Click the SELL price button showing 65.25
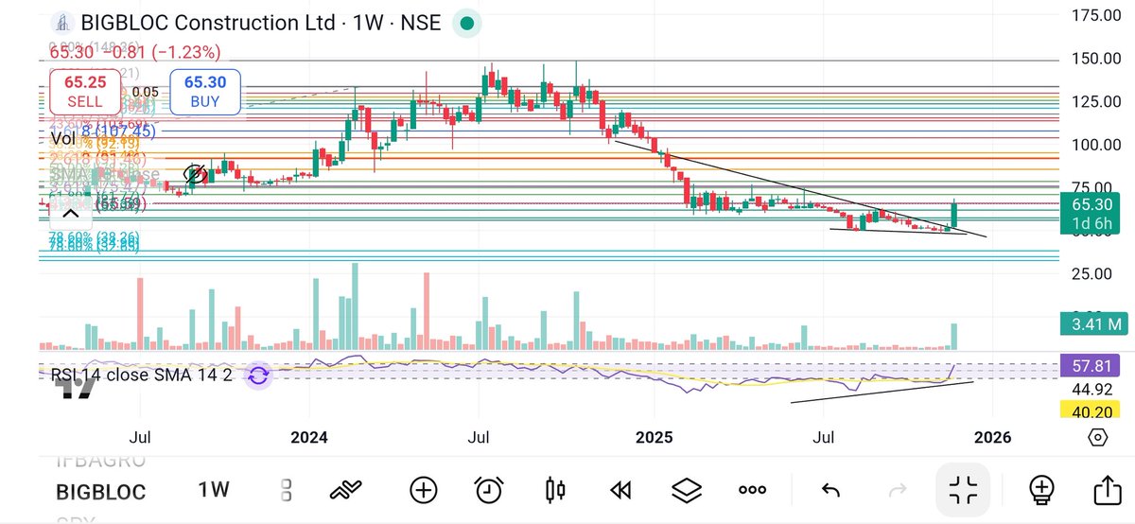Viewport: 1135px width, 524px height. tap(84, 92)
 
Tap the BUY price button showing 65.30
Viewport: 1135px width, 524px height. tap(204, 92)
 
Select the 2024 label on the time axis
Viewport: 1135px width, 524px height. tap(309, 437)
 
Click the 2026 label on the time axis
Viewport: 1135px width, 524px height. tap(993, 437)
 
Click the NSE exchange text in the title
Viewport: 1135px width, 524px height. tap(422, 23)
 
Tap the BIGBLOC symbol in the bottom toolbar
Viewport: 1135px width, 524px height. tap(100, 492)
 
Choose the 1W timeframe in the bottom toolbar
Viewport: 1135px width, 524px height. tap(214, 490)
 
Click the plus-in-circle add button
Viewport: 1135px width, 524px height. tap(423, 490)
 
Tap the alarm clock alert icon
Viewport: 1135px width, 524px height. tap(488, 490)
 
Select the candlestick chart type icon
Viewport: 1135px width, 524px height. tap(555, 490)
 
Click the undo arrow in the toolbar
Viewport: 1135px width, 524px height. tap(830, 490)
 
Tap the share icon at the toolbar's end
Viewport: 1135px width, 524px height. tap(1106, 490)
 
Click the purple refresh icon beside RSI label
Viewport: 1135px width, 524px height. tap(257, 376)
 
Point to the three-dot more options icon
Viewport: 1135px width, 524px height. tap(752, 490)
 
